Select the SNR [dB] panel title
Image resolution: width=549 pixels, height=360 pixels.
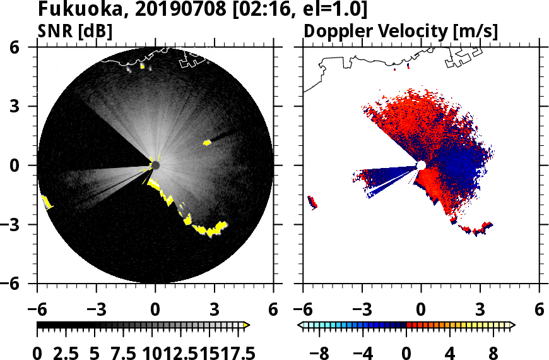point(75,31)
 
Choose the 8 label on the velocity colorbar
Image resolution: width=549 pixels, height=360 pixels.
point(493,352)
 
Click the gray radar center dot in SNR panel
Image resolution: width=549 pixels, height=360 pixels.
point(155,165)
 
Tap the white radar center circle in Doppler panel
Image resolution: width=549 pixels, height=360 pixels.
point(421,165)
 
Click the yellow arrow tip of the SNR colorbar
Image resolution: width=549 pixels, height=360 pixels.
point(247,325)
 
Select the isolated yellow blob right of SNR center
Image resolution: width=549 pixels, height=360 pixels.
point(207,143)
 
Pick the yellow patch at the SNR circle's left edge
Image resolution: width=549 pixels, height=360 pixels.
point(46,202)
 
